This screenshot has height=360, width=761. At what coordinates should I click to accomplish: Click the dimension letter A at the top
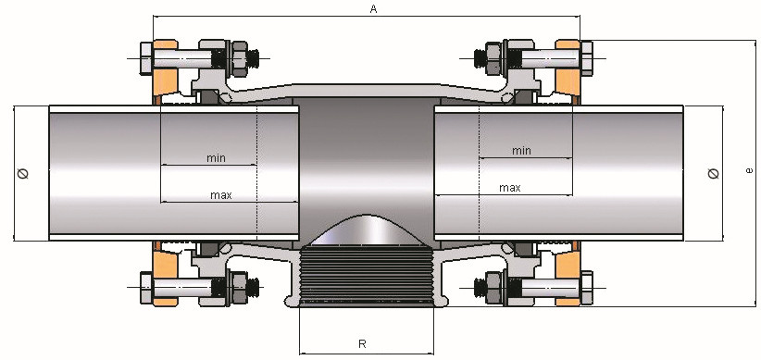373,9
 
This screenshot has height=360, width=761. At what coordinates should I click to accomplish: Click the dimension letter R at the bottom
362,344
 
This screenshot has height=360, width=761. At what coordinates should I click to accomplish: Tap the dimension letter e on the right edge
750,170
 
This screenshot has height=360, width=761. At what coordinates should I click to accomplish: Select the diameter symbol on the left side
23,173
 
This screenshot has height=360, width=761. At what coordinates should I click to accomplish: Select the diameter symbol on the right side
714,173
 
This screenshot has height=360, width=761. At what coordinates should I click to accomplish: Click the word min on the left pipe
216,158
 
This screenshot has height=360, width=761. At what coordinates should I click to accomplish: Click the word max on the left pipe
221,195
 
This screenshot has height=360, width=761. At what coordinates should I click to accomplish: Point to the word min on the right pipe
521,151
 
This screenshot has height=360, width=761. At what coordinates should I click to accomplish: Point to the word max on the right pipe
510,188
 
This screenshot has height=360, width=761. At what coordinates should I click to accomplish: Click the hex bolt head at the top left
146,58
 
